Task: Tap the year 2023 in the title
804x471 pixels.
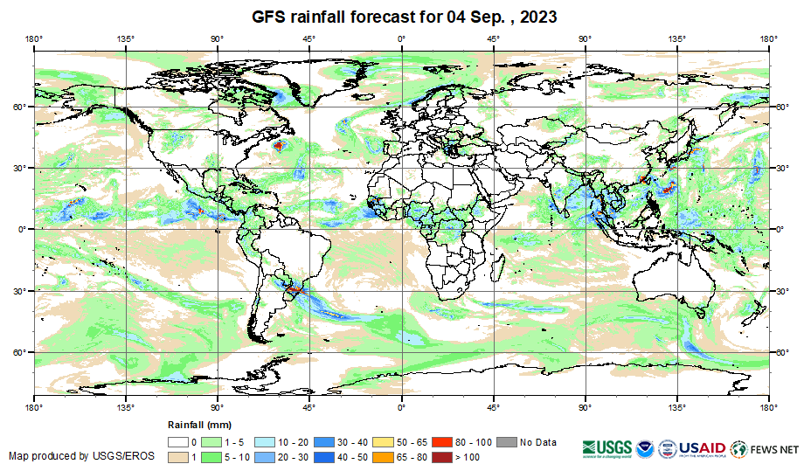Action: pos(537,17)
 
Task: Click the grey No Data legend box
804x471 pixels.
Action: pos(507,442)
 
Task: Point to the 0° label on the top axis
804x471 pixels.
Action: pos(401,38)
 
